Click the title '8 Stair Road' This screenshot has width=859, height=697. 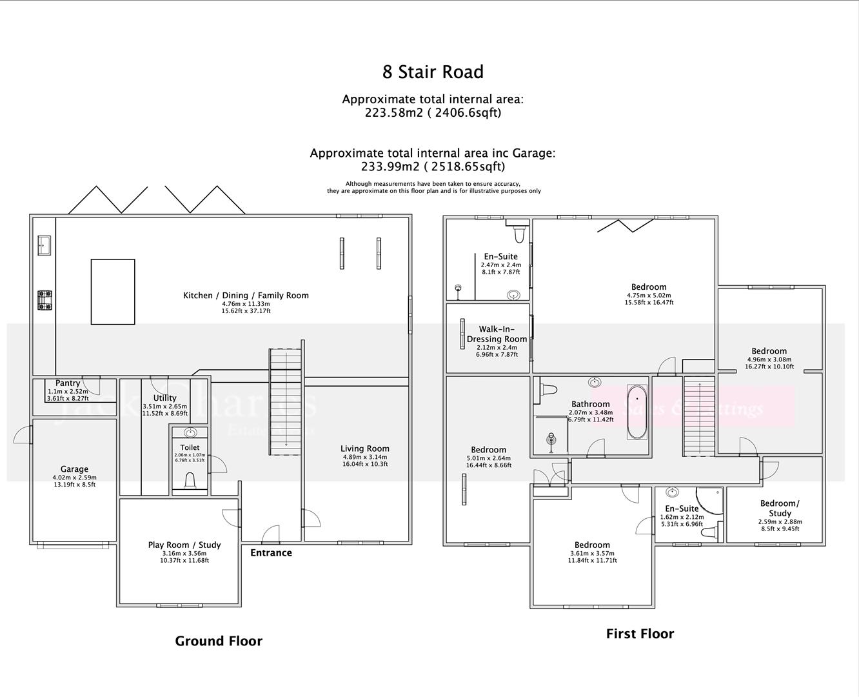[433, 72]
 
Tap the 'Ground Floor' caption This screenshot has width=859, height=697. [219, 641]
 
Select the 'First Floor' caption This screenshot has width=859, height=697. [640, 634]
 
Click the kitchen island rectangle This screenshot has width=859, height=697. [113, 292]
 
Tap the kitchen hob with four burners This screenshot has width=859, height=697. [44, 300]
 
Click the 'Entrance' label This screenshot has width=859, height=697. [271, 552]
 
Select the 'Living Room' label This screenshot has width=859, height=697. [364, 449]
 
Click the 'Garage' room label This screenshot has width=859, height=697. [74, 469]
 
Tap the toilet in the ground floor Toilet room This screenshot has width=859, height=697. [190, 480]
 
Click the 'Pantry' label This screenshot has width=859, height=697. [68, 383]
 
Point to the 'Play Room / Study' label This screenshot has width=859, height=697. [184, 545]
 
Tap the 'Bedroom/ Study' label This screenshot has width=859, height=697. [780, 508]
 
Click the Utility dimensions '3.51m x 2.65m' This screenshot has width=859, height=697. [165, 406]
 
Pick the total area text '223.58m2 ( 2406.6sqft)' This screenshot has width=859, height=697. [433, 113]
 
